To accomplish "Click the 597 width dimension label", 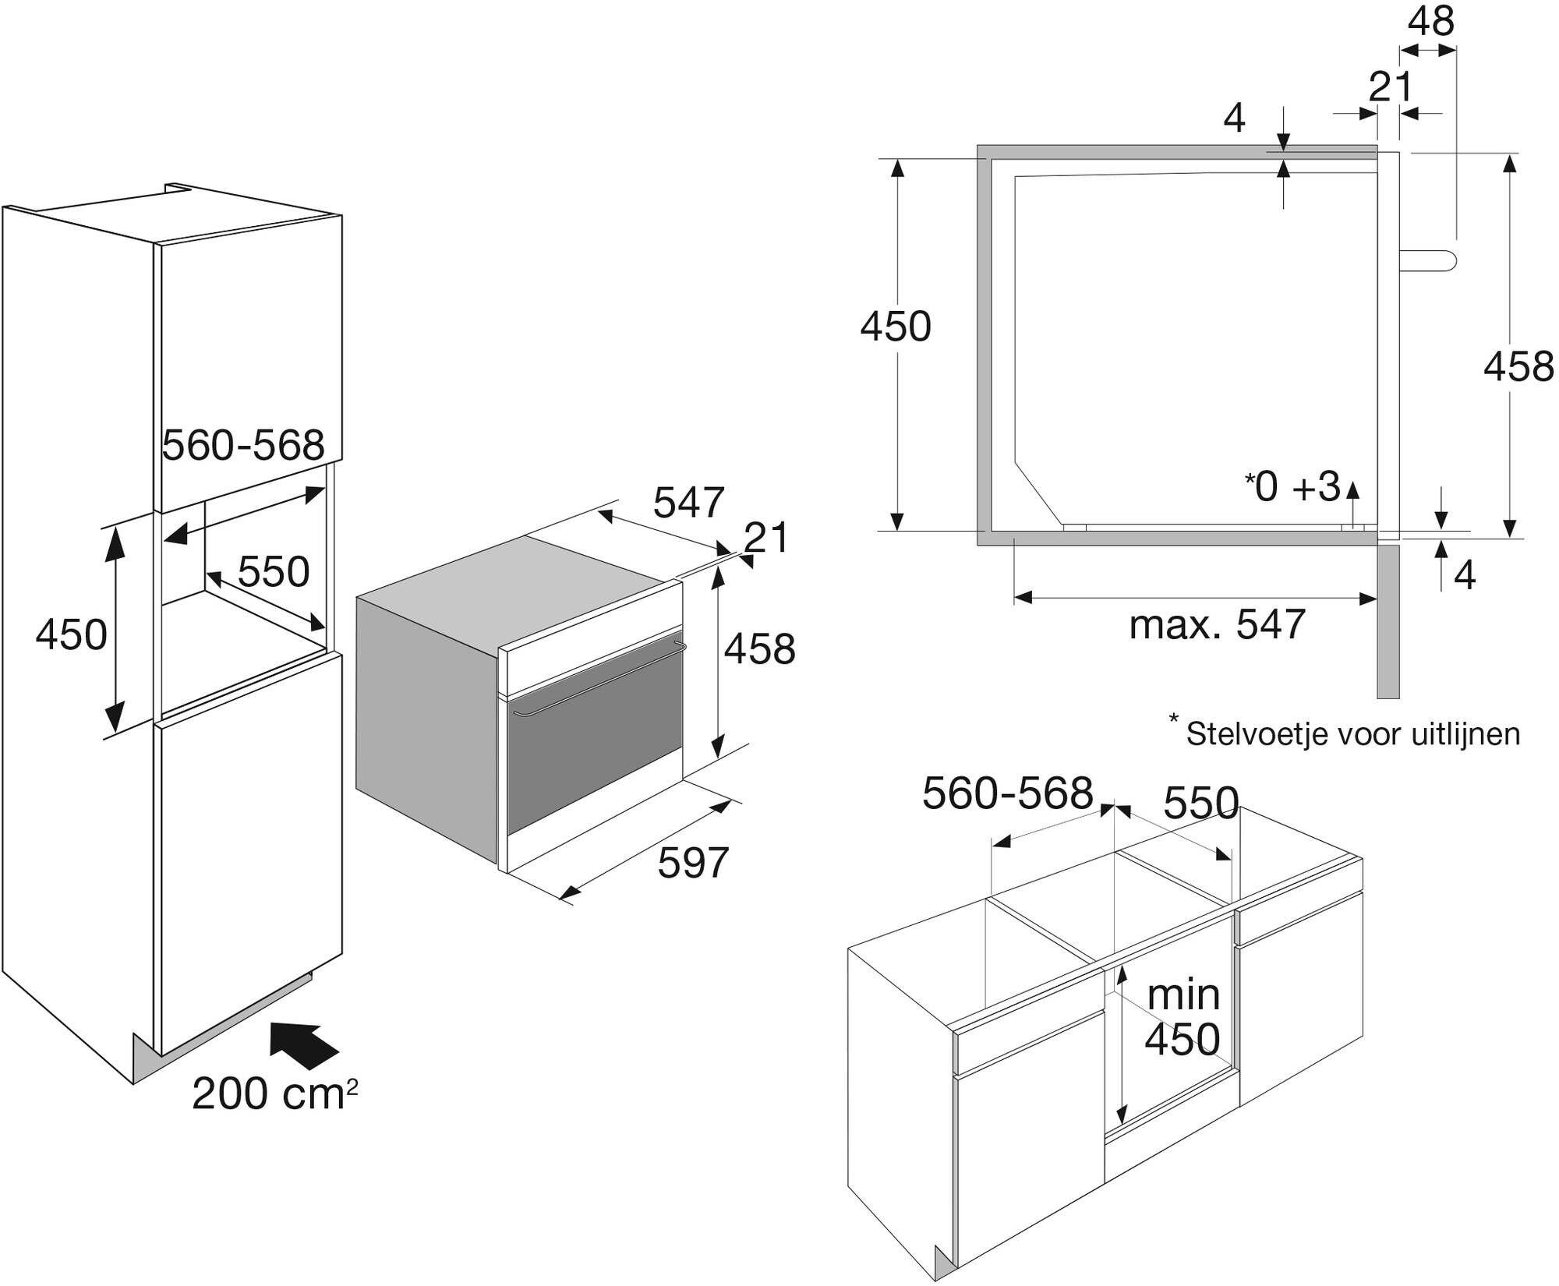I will tap(693, 863).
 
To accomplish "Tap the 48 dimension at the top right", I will tap(1431, 22).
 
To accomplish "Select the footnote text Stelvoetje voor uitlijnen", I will tap(1352, 734).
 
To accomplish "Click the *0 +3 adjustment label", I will tap(1292, 487).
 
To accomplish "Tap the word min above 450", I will tap(1183, 995).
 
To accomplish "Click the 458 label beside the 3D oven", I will tap(759, 648).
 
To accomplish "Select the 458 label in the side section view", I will tap(1518, 366).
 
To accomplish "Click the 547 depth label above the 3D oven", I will tap(689, 502).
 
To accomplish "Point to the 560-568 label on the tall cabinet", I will tap(243, 446).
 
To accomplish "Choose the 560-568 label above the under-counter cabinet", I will tap(1007, 794).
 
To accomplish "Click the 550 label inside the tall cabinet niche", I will tap(274, 572).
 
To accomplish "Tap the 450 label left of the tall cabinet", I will tap(71, 634).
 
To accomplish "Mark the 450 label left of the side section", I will tap(896, 327).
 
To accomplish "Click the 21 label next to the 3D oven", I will tap(767, 538).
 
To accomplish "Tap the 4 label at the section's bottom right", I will tap(1465, 576).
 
